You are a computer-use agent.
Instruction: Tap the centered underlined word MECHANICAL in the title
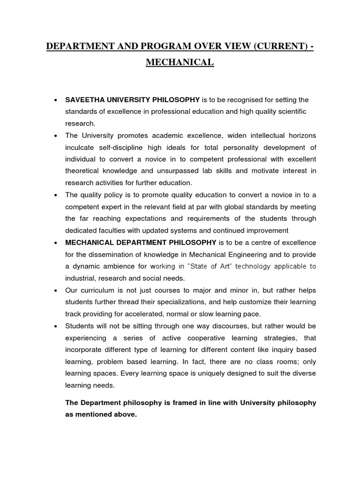pyautogui.click(x=180, y=62)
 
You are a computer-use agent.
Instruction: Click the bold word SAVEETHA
pyautogui.click(x=84, y=100)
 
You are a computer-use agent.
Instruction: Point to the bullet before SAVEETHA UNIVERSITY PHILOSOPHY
pyautogui.click(x=56, y=100)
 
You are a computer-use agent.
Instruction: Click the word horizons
pyautogui.click(x=299, y=136)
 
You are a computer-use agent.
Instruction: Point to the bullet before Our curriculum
pyautogui.click(x=56, y=290)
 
